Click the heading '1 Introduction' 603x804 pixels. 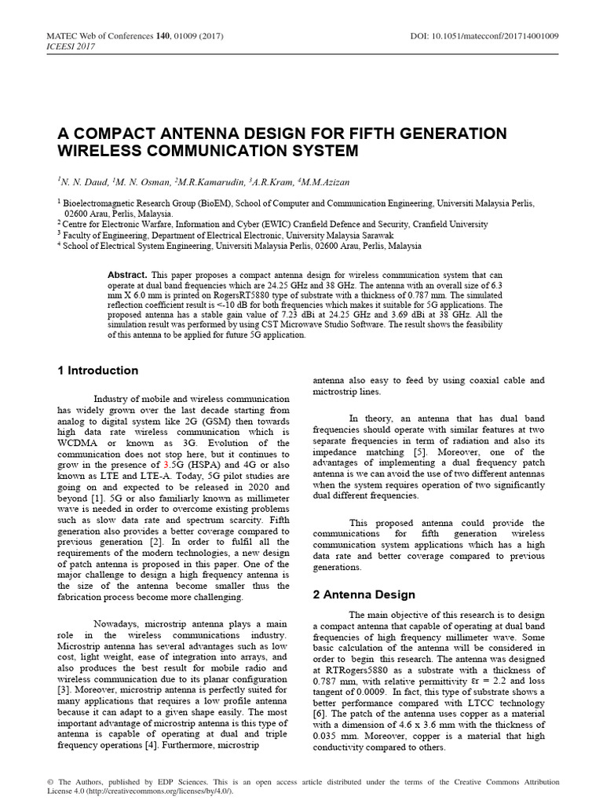pyautogui.click(x=98, y=371)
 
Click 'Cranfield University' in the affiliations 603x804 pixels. pyautogui.click(x=450, y=224)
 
